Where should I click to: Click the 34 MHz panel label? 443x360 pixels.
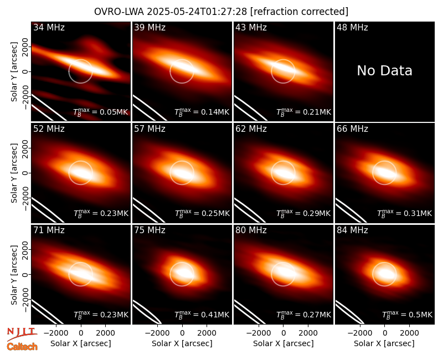tap(49, 27)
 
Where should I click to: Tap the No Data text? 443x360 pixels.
tap(384, 70)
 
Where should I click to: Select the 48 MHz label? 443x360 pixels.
tap(352, 27)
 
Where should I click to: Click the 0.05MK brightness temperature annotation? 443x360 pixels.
tap(101, 112)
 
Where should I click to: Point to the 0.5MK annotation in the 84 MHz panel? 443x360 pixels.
tap(407, 315)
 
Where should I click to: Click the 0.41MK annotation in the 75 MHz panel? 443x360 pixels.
tap(202, 315)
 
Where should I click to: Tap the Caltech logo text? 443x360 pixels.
tap(22, 347)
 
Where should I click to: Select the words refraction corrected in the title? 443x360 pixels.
tap(299, 12)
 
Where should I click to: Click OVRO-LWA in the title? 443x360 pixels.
tap(119, 12)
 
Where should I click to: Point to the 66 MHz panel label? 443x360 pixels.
tap(352, 129)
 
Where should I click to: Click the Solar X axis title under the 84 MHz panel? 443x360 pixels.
tap(384, 343)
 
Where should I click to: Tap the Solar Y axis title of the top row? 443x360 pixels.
tap(14, 72)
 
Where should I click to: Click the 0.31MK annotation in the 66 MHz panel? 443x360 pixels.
tap(405, 213)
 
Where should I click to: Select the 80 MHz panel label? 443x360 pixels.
tap(251, 230)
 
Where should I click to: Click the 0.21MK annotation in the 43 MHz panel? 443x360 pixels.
tap(303, 112)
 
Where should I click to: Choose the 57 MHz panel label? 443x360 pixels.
tap(150, 129)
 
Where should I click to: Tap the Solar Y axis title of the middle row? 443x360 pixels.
tap(14, 173)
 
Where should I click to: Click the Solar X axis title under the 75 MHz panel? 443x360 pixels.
tap(182, 343)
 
